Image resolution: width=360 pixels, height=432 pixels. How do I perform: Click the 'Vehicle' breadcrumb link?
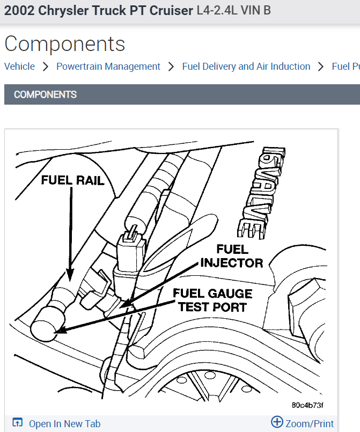pyautogui.click(x=19, y=67)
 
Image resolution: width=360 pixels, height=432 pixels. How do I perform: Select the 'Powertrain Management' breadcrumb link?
pyautogui.click(x=108, y=67)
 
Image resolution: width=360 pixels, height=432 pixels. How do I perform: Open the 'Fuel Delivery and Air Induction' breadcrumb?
pyautogui.click(x=246, y=67)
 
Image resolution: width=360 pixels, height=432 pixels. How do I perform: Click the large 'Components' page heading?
pyautogui.click(x=64, y=43)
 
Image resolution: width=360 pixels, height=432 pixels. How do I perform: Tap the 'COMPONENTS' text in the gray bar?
pyautogui.click(x=45, y=94)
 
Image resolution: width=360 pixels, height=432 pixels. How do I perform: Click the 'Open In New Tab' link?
pyautogui.click(x=64, y=423)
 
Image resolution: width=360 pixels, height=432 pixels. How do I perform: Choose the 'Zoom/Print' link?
pyautogui.click(x=310, y=423)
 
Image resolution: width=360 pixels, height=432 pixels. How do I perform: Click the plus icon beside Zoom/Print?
pyautogui.click(x=277, y=422)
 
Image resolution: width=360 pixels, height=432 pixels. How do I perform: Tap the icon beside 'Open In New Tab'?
pyautogui.click(x=18, y=423)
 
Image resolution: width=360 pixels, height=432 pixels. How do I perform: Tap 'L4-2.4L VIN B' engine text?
pyautogui.click(x=233, y=10)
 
